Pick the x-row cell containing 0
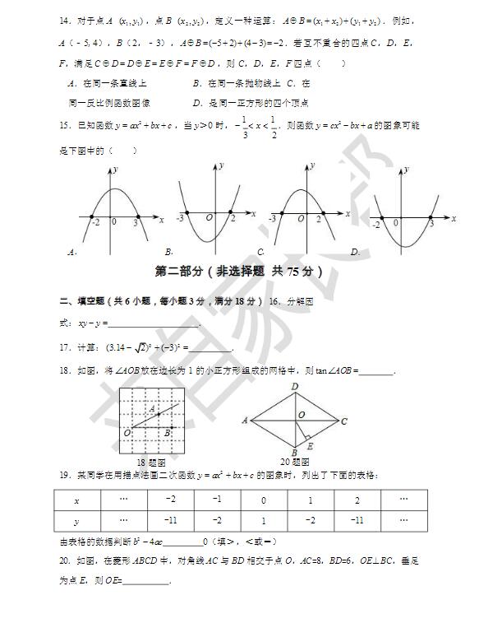[264, 500]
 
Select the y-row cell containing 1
[264, 521]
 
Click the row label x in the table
[76, 500]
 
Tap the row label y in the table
[76, 521]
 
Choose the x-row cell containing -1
[217, 500]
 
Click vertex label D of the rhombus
[294, 386]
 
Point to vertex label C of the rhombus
[344, 421]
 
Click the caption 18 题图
[152, 463]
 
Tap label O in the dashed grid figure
[127, 431]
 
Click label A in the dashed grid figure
[152, 408]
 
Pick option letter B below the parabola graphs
[168, 252]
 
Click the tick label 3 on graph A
[136, 221]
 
